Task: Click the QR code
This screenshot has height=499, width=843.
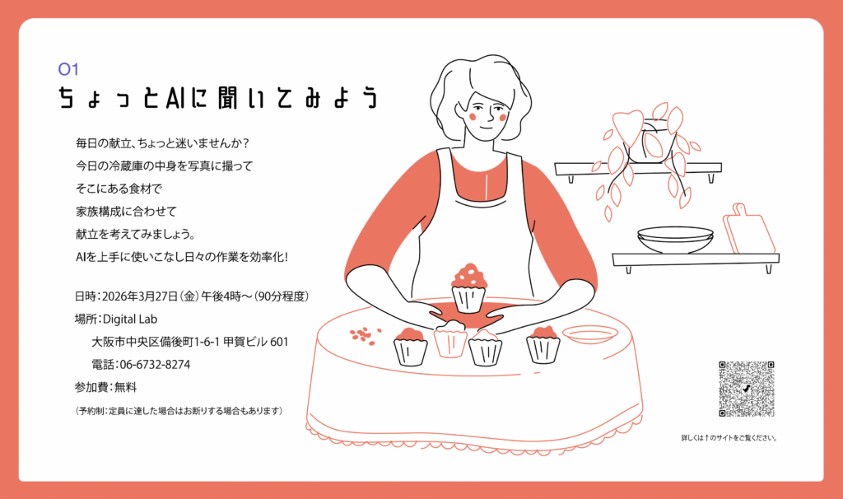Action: click(746, 389)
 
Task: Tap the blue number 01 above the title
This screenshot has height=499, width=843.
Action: click(68, 69)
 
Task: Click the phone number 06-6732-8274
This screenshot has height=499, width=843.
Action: click(155, 365)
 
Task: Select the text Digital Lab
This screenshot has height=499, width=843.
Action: click(130, 319)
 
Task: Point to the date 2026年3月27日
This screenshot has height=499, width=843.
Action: click(139, 296)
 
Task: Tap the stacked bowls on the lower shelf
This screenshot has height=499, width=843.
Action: click(675, 240)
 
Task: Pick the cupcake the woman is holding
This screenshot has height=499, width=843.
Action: click(468, 287)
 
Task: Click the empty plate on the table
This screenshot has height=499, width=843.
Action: click(589, 334)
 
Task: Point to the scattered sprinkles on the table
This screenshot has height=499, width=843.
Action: click(365, 335)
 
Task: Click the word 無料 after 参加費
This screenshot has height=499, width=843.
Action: click(126, 387)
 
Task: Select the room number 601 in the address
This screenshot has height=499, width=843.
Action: click(279, 342)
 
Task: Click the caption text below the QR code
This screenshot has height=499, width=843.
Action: click(729, 438)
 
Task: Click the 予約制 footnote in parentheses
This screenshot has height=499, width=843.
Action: click(179, 411)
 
